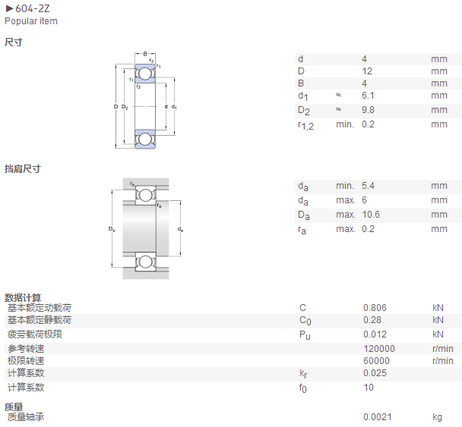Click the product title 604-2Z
(33, 8)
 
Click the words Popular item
(31, 21)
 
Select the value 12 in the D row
(367, 71)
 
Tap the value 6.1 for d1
(368, 96)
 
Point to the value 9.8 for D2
(368, 110)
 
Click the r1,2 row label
(305, 126)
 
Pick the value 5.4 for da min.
(368, 186)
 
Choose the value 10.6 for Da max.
(371, 215)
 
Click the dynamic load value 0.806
(375, 308)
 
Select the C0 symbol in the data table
(305, 321)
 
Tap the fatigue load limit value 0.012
(375, 334)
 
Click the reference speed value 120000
(379, 348)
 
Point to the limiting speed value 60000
(377, 360)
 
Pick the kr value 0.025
(375, 373)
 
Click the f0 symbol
(303, 388)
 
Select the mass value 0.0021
(378, 416)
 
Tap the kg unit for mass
(437, 417)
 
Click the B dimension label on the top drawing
(145, 54)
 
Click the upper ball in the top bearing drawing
(144, 74)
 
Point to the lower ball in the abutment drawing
(145, 262)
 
